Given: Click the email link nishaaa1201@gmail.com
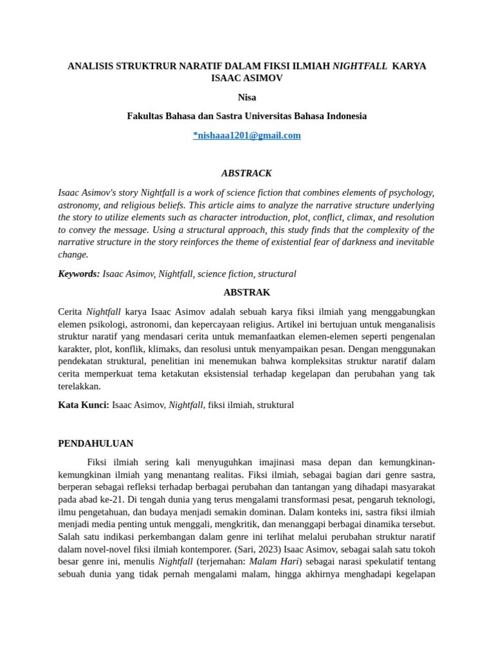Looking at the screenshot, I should (x=247, y=135).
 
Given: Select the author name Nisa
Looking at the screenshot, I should (x=247, y=97).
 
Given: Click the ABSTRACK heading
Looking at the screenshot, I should (x=247, y=173).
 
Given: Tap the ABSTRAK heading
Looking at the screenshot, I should (x=247, y=292).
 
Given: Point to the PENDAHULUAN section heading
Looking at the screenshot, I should (x=96, y=443).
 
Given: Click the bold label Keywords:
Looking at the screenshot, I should (x=79, y=274).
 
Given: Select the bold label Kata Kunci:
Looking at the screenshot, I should (x=84, y=405).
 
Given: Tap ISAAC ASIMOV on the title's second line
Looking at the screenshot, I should (x=247, y=78).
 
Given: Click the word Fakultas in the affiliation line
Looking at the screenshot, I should (x=146, y=116).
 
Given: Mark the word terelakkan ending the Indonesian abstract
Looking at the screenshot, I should (x=80, y=386).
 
